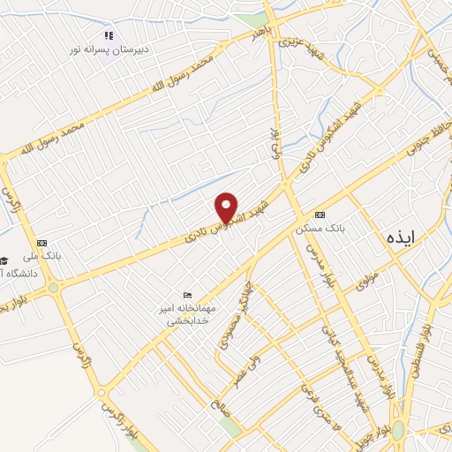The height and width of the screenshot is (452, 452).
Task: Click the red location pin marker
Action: click(228, 207)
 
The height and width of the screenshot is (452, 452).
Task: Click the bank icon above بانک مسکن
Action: click(320, 215)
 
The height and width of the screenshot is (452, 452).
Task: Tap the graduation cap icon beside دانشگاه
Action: click(4, 260)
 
